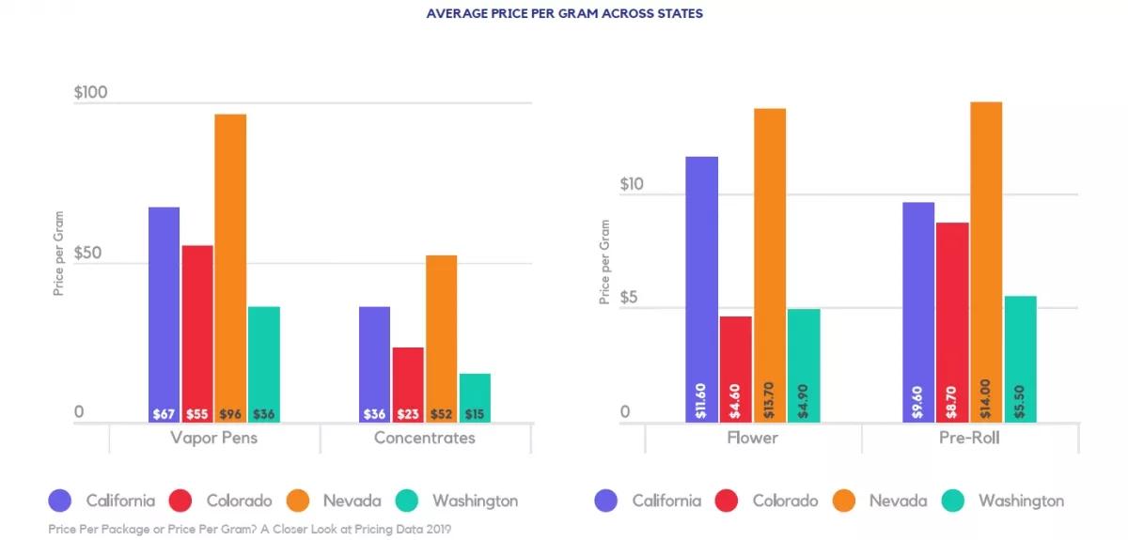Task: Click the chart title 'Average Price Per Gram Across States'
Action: coord(564,14)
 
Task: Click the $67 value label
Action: coord(164,414)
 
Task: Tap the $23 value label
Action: coord(408,414)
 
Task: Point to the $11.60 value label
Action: coord(701,400)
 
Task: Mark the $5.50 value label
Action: coord(1019,400)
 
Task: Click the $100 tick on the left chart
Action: coord(91,93)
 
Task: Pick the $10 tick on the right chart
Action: coord(632,185)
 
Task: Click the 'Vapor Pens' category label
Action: coord(214,438)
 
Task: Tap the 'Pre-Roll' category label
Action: coord(968,438)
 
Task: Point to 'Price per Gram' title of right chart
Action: coord(604,262)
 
